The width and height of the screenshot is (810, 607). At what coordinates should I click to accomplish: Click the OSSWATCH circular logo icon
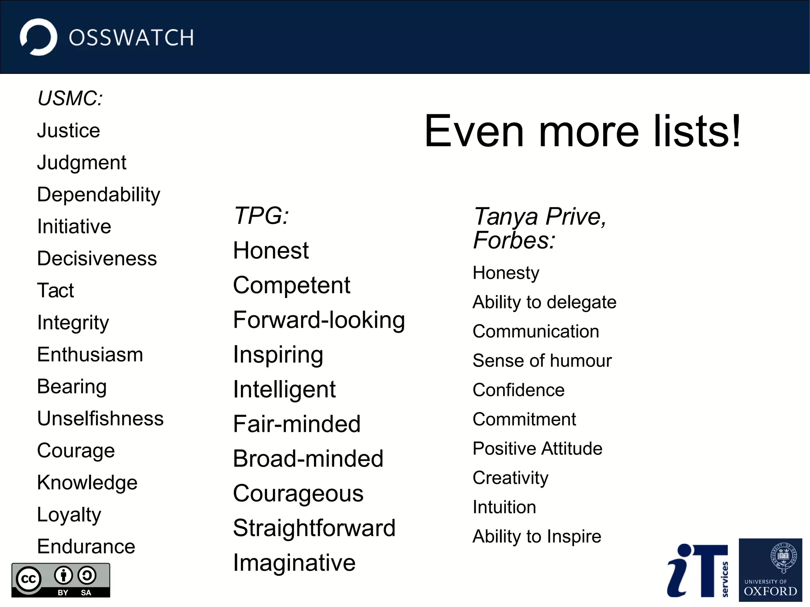[38, 37]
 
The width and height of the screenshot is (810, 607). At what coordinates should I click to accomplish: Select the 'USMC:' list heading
[70, 98]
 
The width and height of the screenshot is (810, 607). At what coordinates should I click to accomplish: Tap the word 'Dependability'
[98, 195]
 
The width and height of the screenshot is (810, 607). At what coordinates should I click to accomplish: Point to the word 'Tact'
[55, 290]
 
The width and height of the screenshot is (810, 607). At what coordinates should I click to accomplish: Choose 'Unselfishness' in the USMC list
[100, 418]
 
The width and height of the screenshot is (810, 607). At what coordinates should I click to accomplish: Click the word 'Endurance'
[86, 546]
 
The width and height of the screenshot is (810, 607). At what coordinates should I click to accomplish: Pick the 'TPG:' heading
[261, 216]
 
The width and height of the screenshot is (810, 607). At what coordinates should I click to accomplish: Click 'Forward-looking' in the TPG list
[319, 320]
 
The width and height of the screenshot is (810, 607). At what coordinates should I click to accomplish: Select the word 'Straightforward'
[314, 528]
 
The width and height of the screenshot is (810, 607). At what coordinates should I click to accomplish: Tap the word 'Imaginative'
[294, 563]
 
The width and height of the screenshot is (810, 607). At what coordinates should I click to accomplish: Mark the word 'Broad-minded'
[308, 459]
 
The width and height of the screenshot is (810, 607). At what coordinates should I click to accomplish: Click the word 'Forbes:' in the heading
[514, 240]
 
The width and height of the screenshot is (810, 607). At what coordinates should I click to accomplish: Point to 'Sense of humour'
[542, 361]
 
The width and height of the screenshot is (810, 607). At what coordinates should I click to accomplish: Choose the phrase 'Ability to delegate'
[544, 303]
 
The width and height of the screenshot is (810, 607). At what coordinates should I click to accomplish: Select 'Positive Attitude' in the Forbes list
[537, 448]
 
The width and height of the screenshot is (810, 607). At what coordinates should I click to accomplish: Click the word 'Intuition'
[504, 507]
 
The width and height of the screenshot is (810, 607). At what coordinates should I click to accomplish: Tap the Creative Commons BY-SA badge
[61, 580]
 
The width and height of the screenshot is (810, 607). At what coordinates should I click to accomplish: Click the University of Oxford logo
[770, 570]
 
